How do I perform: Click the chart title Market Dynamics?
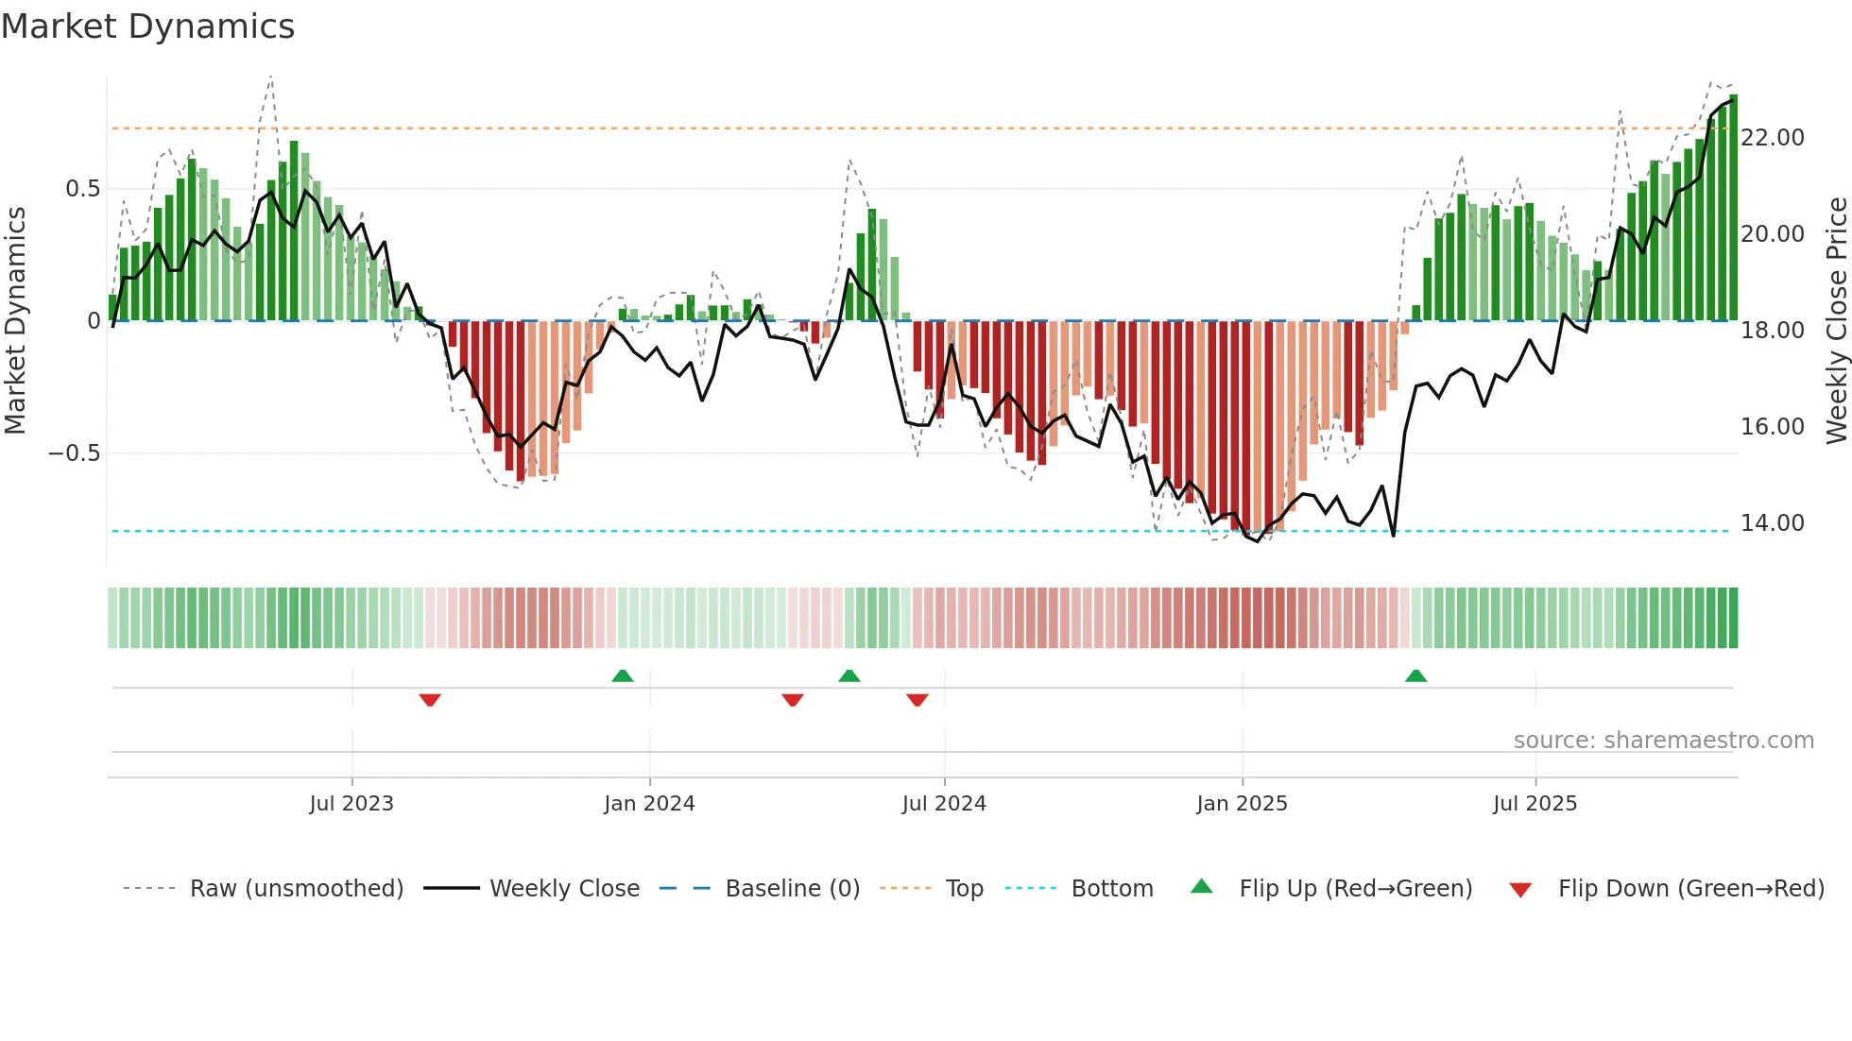click(x=147, y=26)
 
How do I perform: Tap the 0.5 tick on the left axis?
click(x=82, y=189)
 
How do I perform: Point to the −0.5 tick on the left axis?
click(x=74, y=453)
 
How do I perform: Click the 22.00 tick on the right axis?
click(x=1772, y=138)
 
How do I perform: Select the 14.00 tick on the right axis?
click(x=1772, y=523)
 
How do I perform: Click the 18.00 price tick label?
click(x=1772, y=331)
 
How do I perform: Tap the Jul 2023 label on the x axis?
click(x=352, y=804)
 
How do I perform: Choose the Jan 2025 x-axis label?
click(x=1242, y=804)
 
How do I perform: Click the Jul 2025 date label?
click(x=1535, y=804)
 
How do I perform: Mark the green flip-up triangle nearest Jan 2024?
click(x=622, y=675)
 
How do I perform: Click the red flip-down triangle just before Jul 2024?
click(x=917, y=700)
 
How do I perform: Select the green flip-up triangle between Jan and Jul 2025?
click(x=1415, y=675)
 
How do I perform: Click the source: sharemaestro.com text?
click(x=1663, y=741)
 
